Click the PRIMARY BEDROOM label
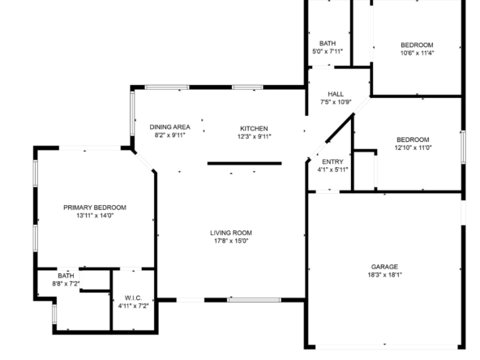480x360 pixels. pyautogui.click(x=95, y=208)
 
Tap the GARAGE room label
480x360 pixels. pyautogui.click(x=384, y=267)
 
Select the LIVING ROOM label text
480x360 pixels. pyautogui.click(x=231, y=233)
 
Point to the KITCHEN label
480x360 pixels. pyautogui.click(x=254, y=129)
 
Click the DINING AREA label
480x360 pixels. pyautogui.click(x=170, y=127)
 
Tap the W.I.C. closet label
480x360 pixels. pyautogui.click(x=133, y=298)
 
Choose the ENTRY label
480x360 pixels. pyautogui.click(x=332, y=161)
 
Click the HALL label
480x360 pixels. pyautogui.click(x=336, y=94)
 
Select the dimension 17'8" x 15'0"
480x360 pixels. pyautogui.click(x=231, y=241)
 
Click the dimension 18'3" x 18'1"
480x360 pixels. pyautogui.click(x=385, y=275)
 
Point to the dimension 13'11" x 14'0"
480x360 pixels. pyautogui.click(x=95, y=216)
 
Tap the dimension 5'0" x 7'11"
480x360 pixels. pyautogui.click(x=328, y=51)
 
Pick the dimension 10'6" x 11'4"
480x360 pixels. pyautogui.click(x=418, y=53)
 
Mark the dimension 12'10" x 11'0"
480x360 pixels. pyautogui.click(x=413, y=148)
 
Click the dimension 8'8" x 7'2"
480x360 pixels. pyautogui.click(x=66, y=284)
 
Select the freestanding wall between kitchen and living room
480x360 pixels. pyautogui.click(x=244, y=164)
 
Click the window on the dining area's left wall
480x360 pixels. pyautogui.click(x=132, y=114)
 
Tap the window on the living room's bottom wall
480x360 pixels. pyautogui.click(x=254, y=300)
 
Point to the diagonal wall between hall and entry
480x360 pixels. pyautogui.click(x=341, y=128)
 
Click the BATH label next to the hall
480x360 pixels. pyautogui.click(x=328, y=44)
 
